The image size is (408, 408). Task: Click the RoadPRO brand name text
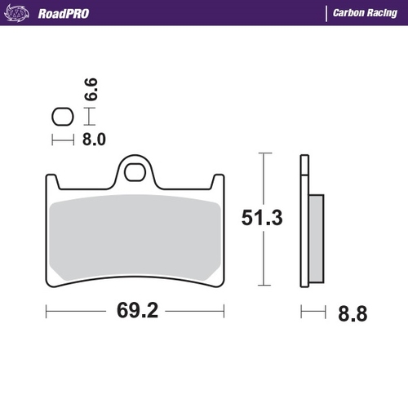(x=63, y=14)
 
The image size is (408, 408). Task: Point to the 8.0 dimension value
(x=94, y=140)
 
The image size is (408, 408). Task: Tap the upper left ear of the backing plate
(x=50, y=180)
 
